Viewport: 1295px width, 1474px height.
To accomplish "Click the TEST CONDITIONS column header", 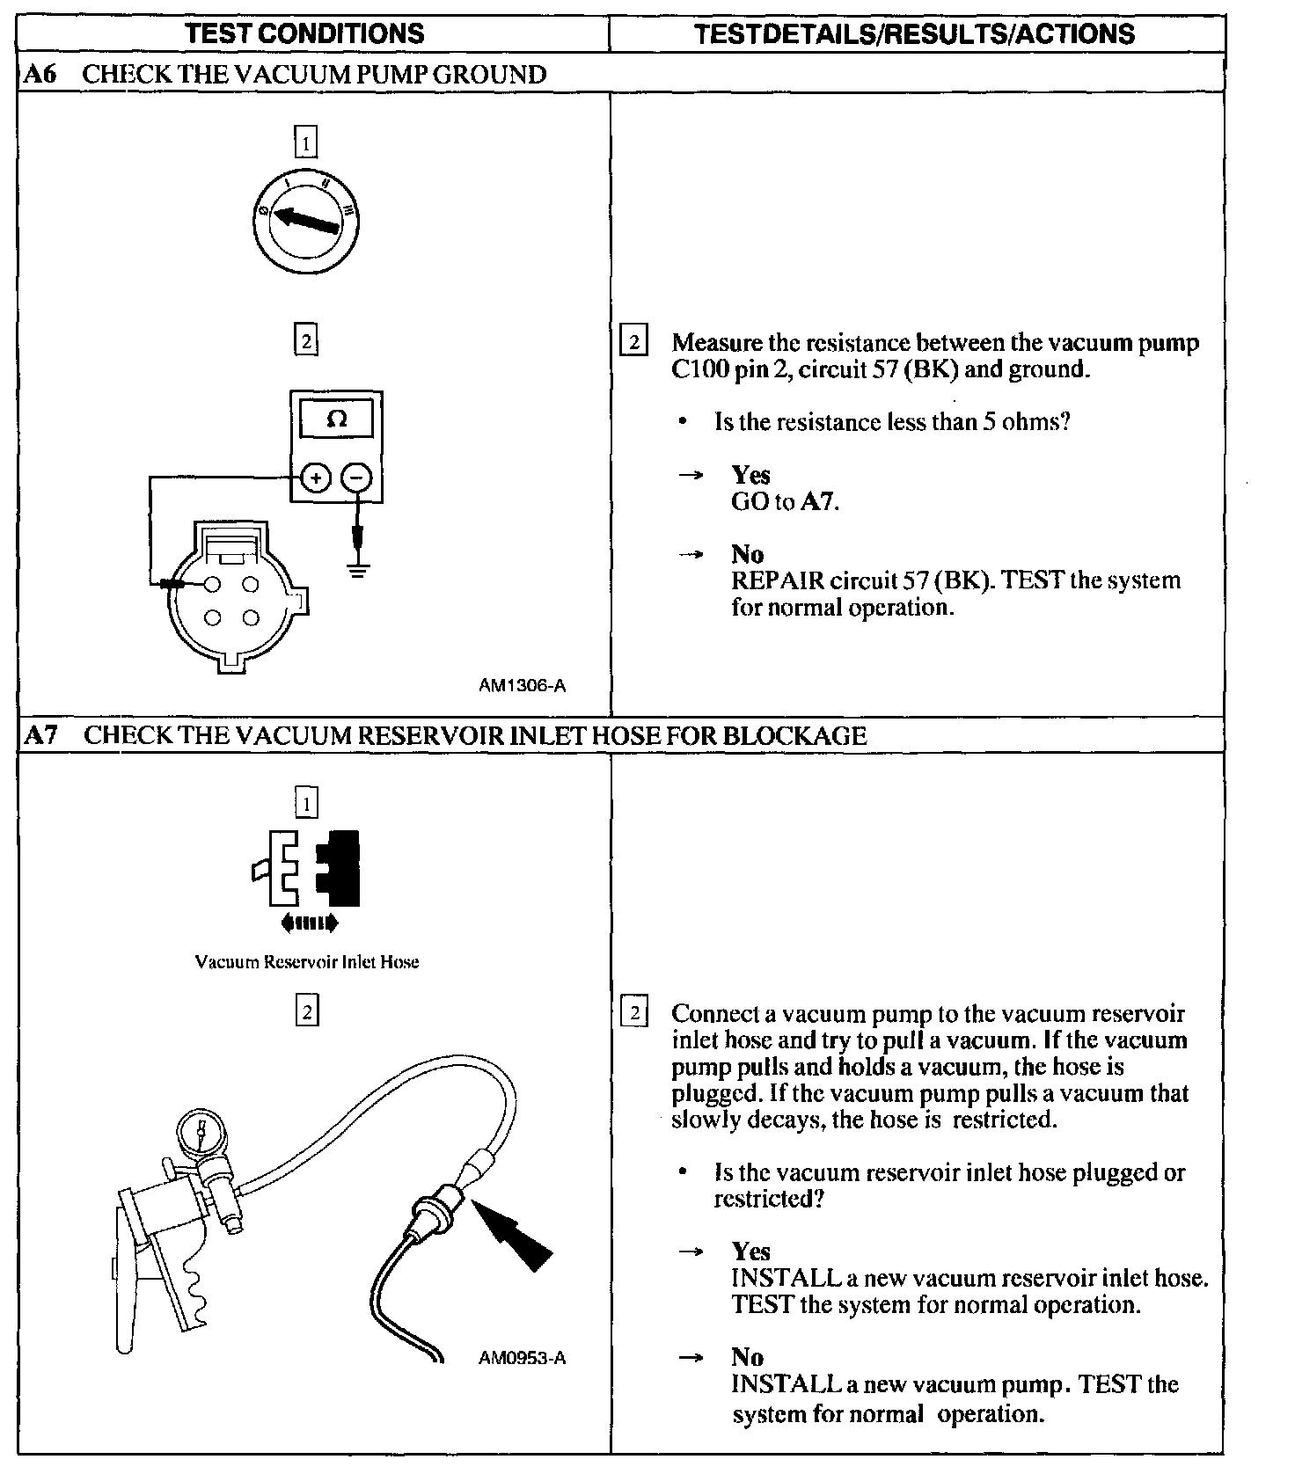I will point(305,33).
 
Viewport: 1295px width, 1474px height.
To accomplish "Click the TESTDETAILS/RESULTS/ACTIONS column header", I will point(915,33).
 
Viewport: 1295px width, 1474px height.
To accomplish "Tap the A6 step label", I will point(40,75).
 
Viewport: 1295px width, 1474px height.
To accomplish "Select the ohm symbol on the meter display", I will point(337,420).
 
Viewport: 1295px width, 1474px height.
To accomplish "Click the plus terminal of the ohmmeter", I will point(315,478).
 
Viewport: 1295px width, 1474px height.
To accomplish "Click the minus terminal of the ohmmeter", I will point(356,478).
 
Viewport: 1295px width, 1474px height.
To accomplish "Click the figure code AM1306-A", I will point(522,686).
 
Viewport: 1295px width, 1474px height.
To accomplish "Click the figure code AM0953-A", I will point(522,1359).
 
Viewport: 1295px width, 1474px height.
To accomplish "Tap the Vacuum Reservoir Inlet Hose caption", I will point(306,962).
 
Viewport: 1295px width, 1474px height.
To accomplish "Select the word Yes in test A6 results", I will point(750,475).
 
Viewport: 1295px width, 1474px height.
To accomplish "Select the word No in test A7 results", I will point(747,1357).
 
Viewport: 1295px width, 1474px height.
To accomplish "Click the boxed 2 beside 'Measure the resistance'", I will point(633,341).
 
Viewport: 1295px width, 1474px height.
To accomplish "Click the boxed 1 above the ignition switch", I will point(305,142).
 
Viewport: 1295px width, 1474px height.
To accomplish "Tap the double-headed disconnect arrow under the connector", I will point(308,923).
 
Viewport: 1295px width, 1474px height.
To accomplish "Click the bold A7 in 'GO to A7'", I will point(818,502).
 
